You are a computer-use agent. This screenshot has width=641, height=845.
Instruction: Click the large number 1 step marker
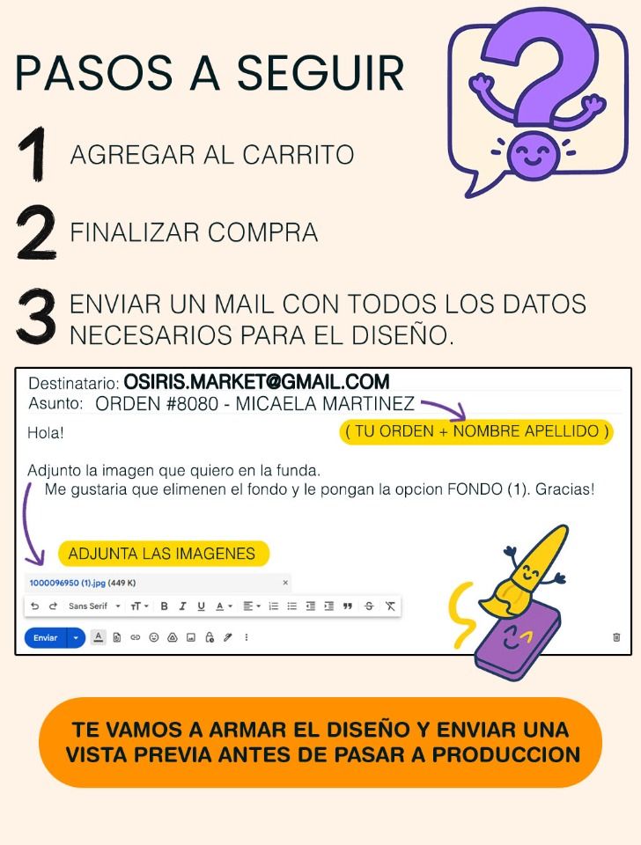[x=34, y=154]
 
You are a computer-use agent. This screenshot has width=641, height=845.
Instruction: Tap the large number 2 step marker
[x=35, y=232]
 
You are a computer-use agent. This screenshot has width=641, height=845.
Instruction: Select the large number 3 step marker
[x=35, y=316]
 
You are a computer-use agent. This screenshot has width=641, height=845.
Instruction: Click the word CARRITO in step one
[x=298, y=155]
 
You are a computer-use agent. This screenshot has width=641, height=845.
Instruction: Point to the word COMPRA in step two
[x=262, y=232]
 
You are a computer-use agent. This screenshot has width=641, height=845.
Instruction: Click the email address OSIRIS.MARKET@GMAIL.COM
[x=256, y=382]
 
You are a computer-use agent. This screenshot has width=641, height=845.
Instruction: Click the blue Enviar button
[x=45, y=637]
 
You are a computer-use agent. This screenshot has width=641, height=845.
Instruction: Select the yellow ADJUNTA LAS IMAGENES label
[x=164, y=554]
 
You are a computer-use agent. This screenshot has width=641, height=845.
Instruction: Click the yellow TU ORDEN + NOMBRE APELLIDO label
[x=476, y=431]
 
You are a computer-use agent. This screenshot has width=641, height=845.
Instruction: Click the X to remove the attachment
[x=285, y=583]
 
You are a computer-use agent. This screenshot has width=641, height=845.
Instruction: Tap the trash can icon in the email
[x=616, y=637]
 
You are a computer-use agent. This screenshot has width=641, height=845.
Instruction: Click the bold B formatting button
[x=165, y=606]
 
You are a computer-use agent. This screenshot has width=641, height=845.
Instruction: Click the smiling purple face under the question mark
[x=532, y=156]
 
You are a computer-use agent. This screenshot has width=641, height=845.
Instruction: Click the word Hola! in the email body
[x=46, y=433]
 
